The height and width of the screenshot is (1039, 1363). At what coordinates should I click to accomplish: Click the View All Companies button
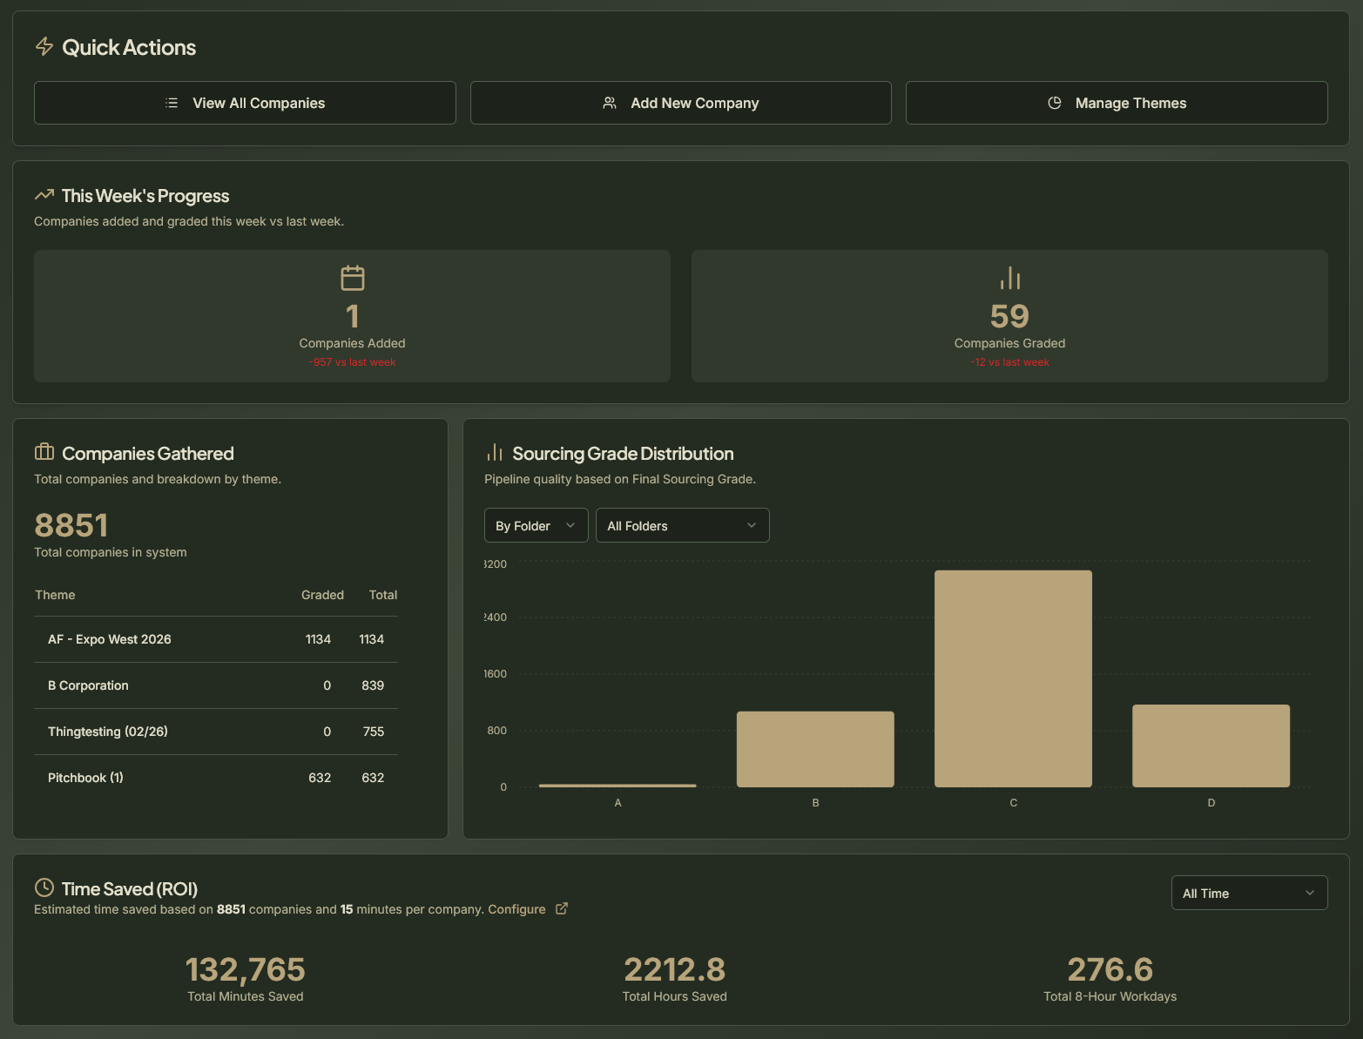(x=245, y=103)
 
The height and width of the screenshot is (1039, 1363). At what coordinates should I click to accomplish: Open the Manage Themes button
(x=1117, y=103)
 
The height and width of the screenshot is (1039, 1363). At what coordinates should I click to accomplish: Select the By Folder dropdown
(x=536, y=526)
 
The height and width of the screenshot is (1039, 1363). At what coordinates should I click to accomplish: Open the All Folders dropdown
(x=682, y=526)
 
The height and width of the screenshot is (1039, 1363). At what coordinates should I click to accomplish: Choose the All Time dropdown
(x=1249, y=894)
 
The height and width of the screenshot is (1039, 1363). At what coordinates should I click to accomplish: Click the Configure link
(x=516, y=909)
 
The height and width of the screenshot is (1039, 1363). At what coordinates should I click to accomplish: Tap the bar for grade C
(x=1013, y=678)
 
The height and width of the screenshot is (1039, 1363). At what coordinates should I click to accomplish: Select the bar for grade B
(x=815, y=749)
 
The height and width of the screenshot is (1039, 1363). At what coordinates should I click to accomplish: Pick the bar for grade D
(x=1211, y=746)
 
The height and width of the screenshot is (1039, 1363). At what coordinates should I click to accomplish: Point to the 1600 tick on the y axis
(x=496, y=674)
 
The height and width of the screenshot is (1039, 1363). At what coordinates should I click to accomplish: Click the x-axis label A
(x=617, y=803)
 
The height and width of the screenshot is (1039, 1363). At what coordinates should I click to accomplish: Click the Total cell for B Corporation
(x=373, y=685)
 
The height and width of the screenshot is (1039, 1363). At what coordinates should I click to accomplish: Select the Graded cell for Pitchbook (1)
(x=320, y=778)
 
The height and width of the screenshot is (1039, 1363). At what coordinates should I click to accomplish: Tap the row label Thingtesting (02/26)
(x=108, y=732)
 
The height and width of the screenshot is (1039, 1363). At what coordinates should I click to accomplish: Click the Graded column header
(x=322, y=595)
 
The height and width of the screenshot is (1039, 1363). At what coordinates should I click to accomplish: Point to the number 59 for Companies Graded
(x=1009, y=316)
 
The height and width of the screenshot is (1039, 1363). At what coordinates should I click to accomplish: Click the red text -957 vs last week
(x=352, y=362)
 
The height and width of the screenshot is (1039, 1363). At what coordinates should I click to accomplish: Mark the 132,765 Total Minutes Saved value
(x=246, y=969)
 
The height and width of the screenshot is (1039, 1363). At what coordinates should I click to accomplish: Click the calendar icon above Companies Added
(x=353, y=279)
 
